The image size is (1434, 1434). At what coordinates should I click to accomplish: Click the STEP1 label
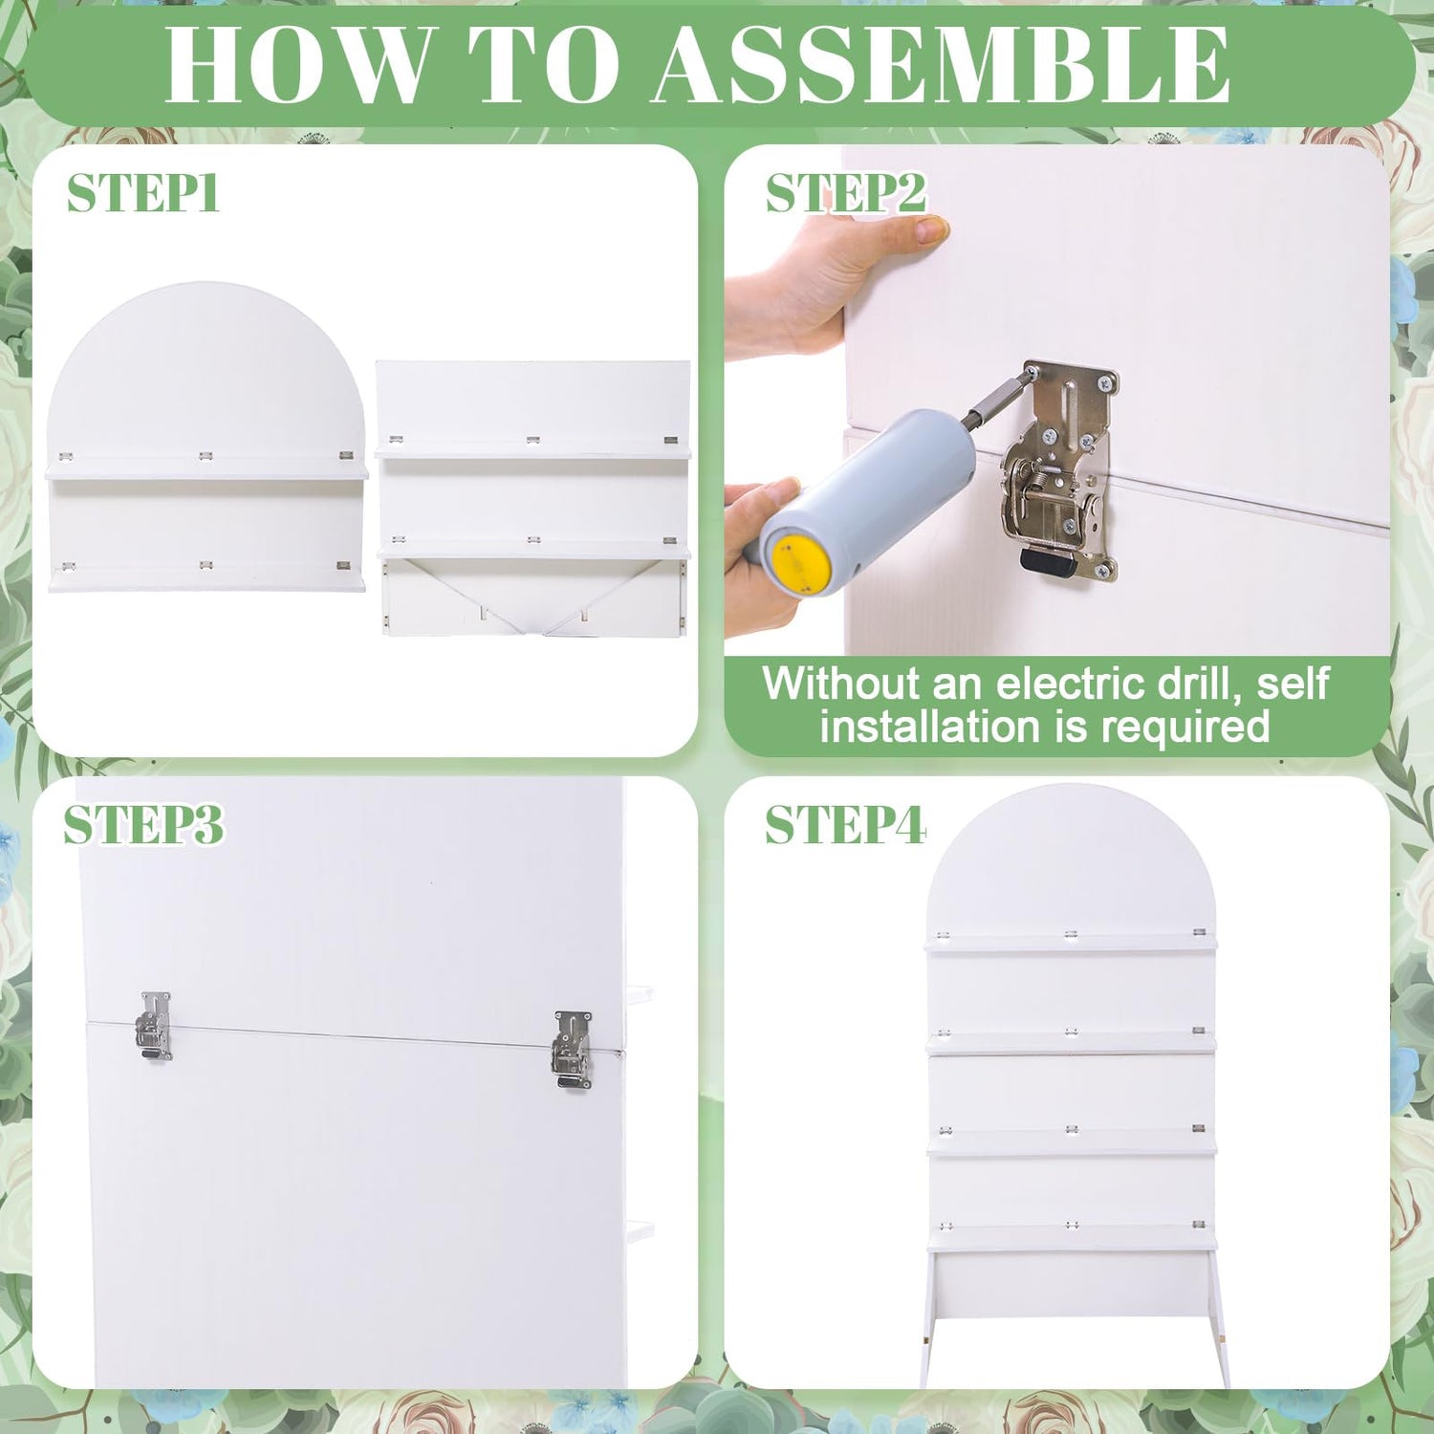(x=143, y=193)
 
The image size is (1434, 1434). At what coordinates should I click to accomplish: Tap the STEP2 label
(x=846, y=193)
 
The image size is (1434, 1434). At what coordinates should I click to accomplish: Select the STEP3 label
(x=143, y=824)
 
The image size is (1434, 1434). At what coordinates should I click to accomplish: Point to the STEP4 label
(x=845, y=824)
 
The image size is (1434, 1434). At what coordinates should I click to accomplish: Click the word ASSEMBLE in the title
(x=941, y=64)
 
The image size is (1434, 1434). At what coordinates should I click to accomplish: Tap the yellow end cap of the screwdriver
(x=800, y=566)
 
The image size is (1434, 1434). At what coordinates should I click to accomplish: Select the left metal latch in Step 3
(x=154, y=1025)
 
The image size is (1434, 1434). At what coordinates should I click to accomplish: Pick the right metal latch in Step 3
(x=572, y=1050)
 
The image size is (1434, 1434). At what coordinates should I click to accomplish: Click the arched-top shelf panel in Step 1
(x=206, y=437)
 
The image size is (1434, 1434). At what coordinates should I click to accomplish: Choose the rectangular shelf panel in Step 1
(x=533, y=497)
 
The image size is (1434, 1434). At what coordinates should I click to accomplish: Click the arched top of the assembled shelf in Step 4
(x=1071, y=860)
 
